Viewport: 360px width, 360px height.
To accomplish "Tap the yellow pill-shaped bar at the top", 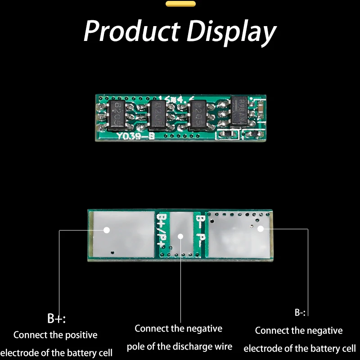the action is pyautogui.click(x=180, y=4).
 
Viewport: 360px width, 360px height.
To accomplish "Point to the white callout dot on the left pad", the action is pyautogui.click(x=107, y=230).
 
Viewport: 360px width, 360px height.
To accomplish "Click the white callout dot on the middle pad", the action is pyautogui.click(x=180, y=236).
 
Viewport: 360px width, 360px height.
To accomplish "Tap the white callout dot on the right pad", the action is pyautogui.click(x=260, y=229).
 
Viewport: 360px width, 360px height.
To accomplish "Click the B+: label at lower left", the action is pyautogui.click(x=57, y=319).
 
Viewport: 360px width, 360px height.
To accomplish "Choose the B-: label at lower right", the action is pyautogui.click(x=300, y=313).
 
